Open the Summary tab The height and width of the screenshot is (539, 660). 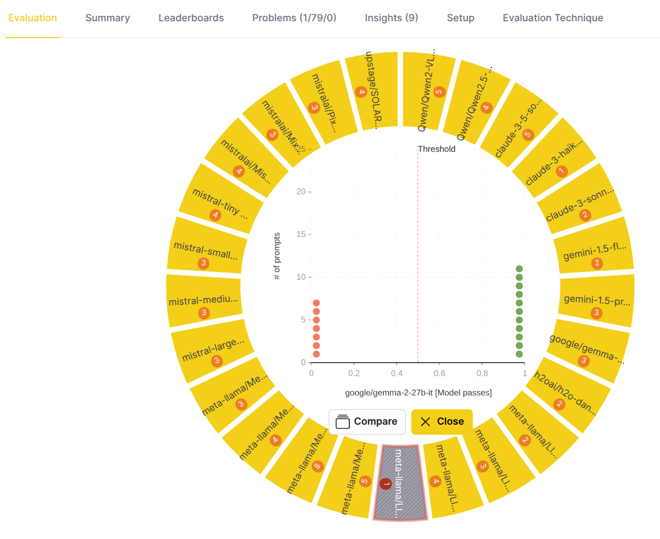(108, 18)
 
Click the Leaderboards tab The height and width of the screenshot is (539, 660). (191, 18)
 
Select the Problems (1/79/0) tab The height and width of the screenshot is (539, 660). (294, 18)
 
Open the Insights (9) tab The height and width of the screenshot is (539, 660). (391, 18)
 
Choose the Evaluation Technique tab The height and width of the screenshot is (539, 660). (553, 18)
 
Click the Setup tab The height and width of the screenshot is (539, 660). (460, 18)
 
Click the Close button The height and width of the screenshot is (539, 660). (442, 421)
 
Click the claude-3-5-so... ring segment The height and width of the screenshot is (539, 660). (520, 122)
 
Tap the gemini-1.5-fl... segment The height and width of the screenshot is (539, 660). (594, 252)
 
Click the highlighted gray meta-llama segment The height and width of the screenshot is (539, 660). (400, 482)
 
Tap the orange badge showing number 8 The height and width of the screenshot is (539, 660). (318, 467)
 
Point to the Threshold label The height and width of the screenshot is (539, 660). (436, 149)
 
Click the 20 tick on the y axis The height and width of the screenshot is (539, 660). (301, 192)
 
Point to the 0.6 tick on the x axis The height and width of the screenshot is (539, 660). (439, 373)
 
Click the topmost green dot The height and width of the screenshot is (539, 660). (519, 269)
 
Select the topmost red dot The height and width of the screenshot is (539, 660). (316, 303)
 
